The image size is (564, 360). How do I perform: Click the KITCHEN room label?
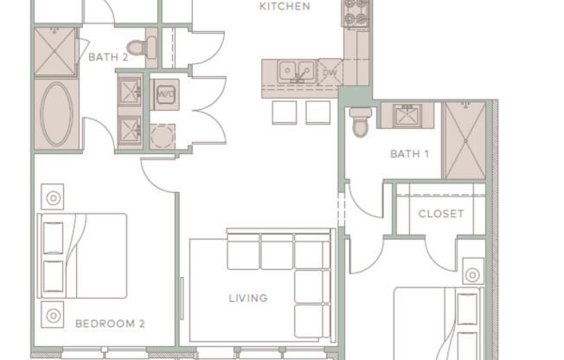point(285,7)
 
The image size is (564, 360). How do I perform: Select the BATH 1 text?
point(409,154)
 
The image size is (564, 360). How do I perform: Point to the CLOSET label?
point(440,214)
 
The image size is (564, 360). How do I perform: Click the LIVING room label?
point(248,299)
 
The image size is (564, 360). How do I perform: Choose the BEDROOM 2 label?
point(109,325)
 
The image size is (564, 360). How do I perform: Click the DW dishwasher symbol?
point(329,74)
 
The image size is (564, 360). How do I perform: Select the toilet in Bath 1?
point(361,122)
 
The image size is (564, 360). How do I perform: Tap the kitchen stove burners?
point(355,12)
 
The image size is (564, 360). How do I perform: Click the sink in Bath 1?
point(407,115)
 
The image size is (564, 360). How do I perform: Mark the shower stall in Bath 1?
point(465,140)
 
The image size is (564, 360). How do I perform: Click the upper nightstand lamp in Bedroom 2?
point(53,198)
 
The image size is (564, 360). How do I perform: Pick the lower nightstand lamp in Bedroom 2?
point(53,315)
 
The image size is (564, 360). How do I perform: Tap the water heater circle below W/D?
point(162,137)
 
